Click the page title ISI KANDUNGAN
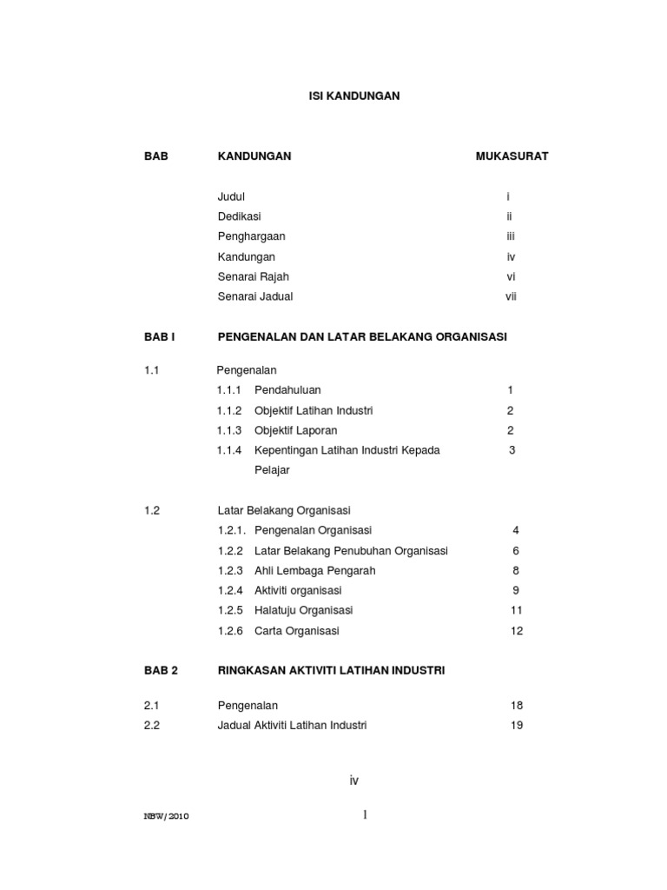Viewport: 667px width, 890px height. pos(354,96)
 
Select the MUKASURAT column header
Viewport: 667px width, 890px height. pos(512,156)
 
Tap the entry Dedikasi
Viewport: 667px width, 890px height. pos(239,216)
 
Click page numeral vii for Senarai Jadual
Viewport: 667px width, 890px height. pos(512,296)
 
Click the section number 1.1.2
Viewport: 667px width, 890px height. pos(229,410)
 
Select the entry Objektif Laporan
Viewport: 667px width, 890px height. pos(295,430)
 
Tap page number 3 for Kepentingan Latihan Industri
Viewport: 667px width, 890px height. pos(512,450)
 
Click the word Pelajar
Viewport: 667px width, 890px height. pos(272,470)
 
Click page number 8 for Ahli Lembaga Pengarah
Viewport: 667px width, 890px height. pos(516,571)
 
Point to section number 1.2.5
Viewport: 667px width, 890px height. pos(229,610)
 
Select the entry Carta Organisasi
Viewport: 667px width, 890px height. pos(296,631)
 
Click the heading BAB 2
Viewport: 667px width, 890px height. pos(161,670)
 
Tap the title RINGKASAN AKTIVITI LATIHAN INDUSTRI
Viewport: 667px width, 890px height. pos(331,670)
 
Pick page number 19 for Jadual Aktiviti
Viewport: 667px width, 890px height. pos(517,725)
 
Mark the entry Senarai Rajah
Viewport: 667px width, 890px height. pos(253,276)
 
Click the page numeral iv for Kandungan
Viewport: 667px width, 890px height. pos(512,256)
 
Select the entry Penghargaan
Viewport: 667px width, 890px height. pos(251,236)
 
